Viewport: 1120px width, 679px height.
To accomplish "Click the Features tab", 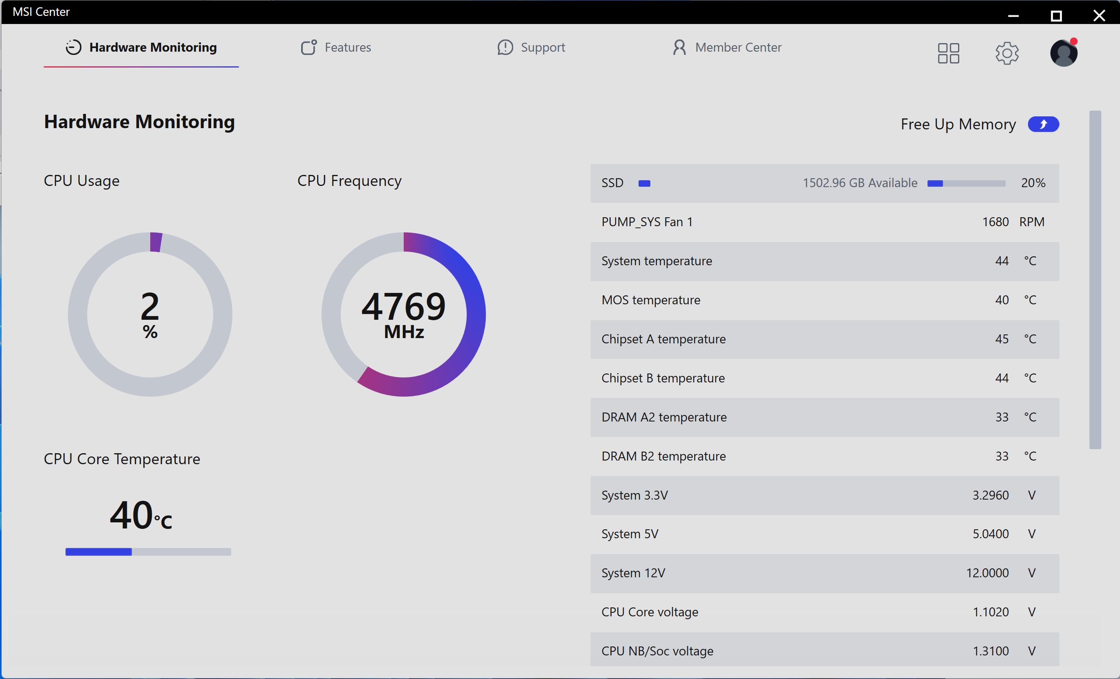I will pyautogui.click(x=336, y=47).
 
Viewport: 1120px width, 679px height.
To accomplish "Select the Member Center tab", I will pyautogui.click(x=727, y=47).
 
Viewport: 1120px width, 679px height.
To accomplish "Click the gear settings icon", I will pyautogui.click(x=1006, y=53).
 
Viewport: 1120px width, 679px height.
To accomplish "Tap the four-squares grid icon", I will pyautogui.click(x=948, y=53).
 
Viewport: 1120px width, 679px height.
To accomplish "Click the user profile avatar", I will pyautogui.click(x=1063, y=53).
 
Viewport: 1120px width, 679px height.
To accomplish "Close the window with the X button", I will pyautogui.click(x=1099, y=15).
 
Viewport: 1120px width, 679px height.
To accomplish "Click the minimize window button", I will pyautogui.click(x=1013, y=15).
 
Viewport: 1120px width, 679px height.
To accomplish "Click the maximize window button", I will pyautogui.click(x=1056, y=15).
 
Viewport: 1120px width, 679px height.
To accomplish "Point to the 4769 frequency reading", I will pyautogui.click(x=403, y=307).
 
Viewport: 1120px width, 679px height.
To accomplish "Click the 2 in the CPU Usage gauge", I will pyautogui.click(x=150, y=307).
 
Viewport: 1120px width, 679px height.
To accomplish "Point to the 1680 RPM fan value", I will pyautogui.click(x=995, y=222).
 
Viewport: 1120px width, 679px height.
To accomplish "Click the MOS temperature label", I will pyautogui.click(x=650, y=300).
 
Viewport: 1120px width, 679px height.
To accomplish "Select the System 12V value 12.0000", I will pyautogui.click(x=987, y=573).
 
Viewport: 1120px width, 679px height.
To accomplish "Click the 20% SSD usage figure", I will pyautogui.click(x=1033, y=183).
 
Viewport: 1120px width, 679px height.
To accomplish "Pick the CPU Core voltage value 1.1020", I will pyautogui.click(x=990, y=612).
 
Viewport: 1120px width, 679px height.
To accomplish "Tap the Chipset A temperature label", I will pyautogui.click(x=663, y=339).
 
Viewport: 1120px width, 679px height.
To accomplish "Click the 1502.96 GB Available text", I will pyautogui.click(x=860, y=183).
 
